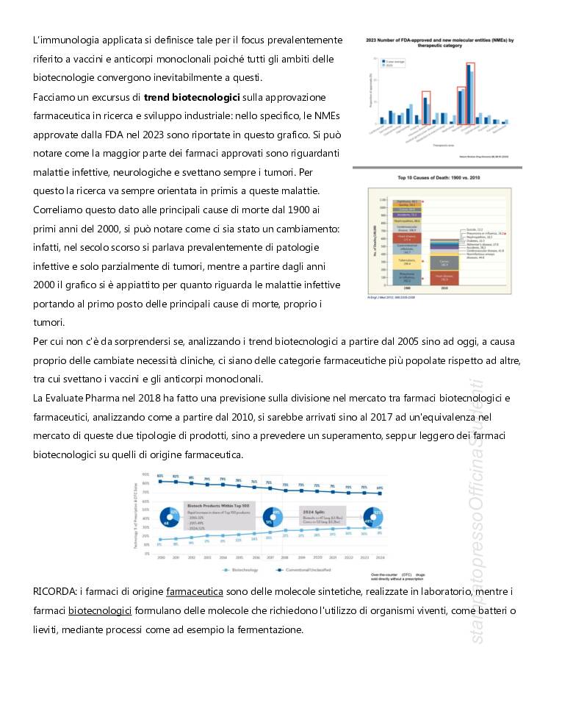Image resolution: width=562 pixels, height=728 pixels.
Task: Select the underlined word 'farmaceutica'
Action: pyautogui.click(x=195, y=591)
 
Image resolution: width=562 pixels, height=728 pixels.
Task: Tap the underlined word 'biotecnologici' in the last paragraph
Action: pyautogui.click(x=100, y=610)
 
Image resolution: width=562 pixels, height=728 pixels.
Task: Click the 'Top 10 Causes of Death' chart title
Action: pyautogui.click(x=439, y=179)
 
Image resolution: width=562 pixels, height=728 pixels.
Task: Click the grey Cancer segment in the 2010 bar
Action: pyautogui.click(x=444, y=263)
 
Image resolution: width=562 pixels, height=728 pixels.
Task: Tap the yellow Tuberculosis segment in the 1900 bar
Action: pyautogui.click(x=406, y=261)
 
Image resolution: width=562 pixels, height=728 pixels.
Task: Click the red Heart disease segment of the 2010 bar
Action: pyautogui.click(x=444, y=278)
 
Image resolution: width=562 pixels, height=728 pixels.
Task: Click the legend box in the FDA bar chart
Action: pyautogui.click(x=389, y=63)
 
